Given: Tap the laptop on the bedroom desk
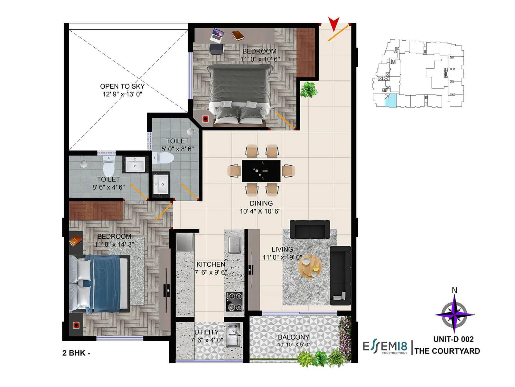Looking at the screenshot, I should pos(217,35).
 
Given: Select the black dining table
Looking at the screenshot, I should pos(261,171).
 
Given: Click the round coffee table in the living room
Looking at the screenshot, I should pos(310,266).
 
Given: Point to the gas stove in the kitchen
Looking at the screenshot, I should pos(234,301).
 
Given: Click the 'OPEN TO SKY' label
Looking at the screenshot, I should pos(122,86).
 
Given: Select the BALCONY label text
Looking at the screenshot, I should pos(293,337).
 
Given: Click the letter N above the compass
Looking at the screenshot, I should pos(454,290).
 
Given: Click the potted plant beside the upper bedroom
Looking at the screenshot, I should pos(308,89).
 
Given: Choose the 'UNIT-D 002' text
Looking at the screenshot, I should pos(453,339).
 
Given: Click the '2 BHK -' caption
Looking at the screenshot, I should pos(76,353).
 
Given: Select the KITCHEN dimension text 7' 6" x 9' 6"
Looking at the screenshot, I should pos(211,273).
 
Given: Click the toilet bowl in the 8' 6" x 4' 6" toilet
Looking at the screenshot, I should pos(108,166).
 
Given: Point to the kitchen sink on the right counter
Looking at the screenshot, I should pos(234,245).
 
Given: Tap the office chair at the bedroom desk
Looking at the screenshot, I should pos(217,49).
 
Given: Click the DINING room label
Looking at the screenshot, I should pos(261,203).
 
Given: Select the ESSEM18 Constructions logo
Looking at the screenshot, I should pos(385,347).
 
